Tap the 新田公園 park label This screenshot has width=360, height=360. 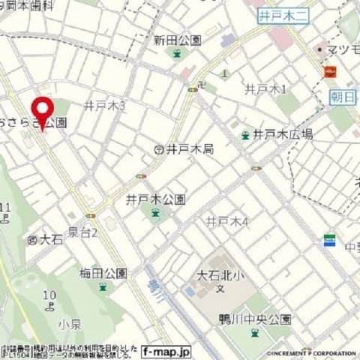(177, 40)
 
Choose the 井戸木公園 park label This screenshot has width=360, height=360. (156, 199)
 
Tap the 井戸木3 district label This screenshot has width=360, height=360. (104, 106)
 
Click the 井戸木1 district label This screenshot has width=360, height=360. (266, 89)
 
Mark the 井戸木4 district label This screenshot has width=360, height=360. (227, 221)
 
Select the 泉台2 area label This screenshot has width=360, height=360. (83, 233)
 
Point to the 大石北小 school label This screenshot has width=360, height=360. (220, 273)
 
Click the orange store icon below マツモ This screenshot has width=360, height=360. (329, 72)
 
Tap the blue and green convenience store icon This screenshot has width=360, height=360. (329, 241)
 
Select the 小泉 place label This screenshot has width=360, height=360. (68, 324)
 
